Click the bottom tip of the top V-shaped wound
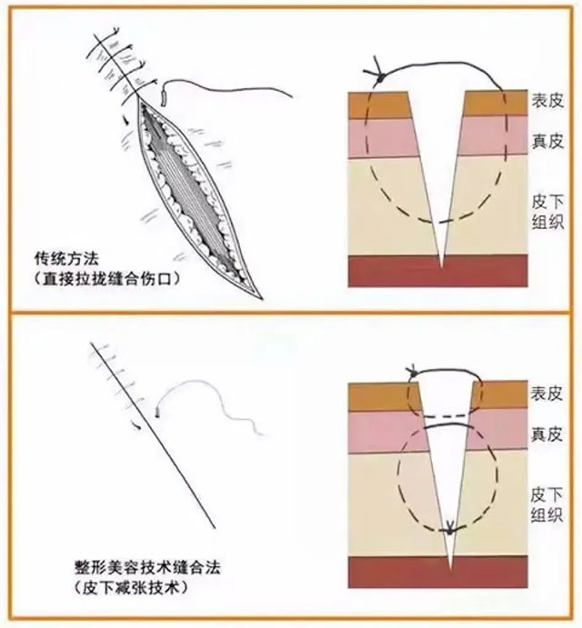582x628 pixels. (440, 266)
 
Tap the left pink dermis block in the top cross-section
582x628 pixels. (386, 137)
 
